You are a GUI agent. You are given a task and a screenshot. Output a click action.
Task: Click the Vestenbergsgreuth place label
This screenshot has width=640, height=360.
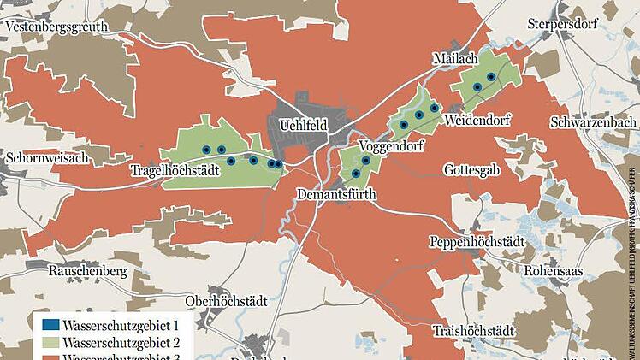click(x=56, y=27)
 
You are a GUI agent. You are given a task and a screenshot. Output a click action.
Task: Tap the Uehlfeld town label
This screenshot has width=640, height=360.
click(x=304, y=126)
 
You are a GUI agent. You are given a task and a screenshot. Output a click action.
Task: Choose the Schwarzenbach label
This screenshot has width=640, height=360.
click(x=594, y=122)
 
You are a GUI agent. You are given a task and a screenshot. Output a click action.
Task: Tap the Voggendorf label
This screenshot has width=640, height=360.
click(x=393, y=145)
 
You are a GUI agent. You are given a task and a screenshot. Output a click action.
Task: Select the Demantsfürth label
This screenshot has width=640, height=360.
click(x=337, y=194)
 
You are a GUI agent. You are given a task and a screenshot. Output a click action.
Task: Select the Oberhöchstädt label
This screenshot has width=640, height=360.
click(x=227, y=301)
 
